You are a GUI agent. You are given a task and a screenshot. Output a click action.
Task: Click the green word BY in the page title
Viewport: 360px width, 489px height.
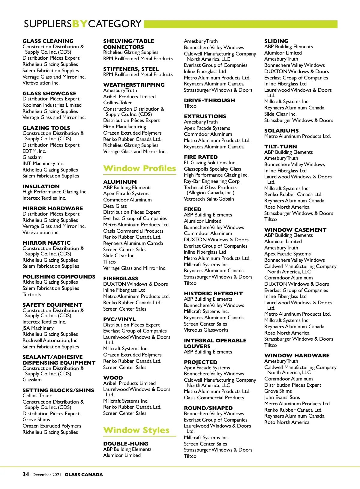pyautogui.click(x=80, y=24)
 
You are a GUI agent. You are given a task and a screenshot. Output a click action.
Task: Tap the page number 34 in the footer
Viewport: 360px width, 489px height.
pyautogui.click(x=26, y=474)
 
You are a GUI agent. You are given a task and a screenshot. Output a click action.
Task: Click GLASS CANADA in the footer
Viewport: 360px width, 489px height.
pyautogui.click(x=84, y=475)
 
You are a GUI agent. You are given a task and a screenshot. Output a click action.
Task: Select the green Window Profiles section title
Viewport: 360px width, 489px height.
pyautogui.click(x=139, y=168)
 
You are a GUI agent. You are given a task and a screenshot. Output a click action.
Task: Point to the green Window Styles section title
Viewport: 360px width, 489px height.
pyautogui.click(x=136, y=430)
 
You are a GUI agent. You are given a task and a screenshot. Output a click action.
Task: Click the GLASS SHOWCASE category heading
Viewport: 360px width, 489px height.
pyautogui.click(x=49, y=94)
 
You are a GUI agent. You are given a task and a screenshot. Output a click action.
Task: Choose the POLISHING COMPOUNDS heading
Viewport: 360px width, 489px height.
pyautogui.click(x=59, y=277)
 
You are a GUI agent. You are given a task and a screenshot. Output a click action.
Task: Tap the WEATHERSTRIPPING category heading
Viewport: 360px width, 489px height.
pyautogui.click(x=134, y=85)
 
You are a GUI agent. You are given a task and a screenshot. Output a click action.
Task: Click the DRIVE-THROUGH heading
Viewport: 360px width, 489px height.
pyautogui.click(x=209, y=100)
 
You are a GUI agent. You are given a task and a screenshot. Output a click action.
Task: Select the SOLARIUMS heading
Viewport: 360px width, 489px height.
pyautogui.click(x=281, y=131)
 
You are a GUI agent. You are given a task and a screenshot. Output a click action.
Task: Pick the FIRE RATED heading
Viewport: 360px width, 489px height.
pyautogui.click(x=201, y=157)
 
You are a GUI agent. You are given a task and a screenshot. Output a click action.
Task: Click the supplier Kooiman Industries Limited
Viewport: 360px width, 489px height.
pyautogui.click(x=52, y=105)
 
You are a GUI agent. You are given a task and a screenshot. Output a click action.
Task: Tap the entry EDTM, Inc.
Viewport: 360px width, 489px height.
pyautogui.click(x=34, y=151)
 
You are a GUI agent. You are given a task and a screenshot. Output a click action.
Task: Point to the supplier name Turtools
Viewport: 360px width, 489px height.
pyautogui.click(x=31, y=294)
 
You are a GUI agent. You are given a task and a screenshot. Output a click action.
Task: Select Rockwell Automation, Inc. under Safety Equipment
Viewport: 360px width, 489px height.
pyautogui.click(x=50, y=340)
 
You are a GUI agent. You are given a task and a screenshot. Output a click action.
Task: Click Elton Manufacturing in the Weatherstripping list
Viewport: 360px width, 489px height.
pyautogui.click(x=124, y=127)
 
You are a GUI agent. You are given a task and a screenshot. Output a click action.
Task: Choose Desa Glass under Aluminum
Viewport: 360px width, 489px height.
pyautogui.click(x=115, y=206)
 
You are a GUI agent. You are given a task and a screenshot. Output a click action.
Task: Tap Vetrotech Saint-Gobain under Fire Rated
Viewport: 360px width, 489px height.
pyautogui.click(x=209, y=199)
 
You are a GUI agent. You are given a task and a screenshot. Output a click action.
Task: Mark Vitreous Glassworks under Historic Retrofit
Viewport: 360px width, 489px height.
pyautogui.click(x=206, y=330)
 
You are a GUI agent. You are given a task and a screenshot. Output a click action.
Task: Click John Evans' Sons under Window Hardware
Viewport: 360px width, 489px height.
pyautogui.click(x=282, y=397)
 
